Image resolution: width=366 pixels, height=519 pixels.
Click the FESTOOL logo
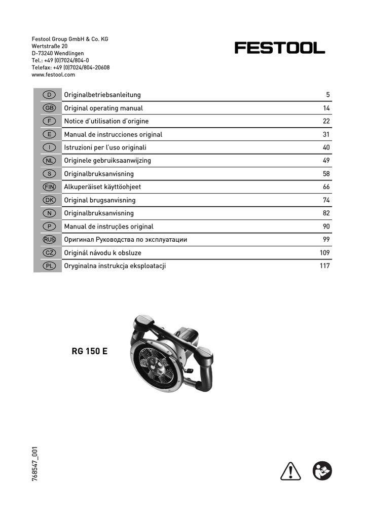279,48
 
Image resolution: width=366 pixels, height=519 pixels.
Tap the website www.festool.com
53,75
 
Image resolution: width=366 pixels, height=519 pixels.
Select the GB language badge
49,108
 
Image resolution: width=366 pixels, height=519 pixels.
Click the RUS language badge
49,240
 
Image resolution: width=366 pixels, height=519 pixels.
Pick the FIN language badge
49,187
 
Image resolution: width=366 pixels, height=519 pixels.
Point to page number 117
325,266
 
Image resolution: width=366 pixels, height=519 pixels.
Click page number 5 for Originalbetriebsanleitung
328,95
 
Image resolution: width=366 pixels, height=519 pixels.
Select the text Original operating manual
103,108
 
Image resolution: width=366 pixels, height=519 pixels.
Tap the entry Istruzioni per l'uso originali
105,147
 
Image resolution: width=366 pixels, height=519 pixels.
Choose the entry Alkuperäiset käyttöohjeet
102,187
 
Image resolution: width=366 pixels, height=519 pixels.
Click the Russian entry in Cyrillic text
125,240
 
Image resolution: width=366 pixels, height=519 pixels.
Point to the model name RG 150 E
90,351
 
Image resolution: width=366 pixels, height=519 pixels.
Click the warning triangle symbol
291,471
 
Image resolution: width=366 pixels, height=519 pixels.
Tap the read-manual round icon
322,471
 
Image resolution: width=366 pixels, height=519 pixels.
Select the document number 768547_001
35,464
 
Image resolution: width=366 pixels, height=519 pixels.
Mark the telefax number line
70,67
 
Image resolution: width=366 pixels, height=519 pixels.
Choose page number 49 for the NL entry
326,161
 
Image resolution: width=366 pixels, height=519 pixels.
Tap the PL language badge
49,266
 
